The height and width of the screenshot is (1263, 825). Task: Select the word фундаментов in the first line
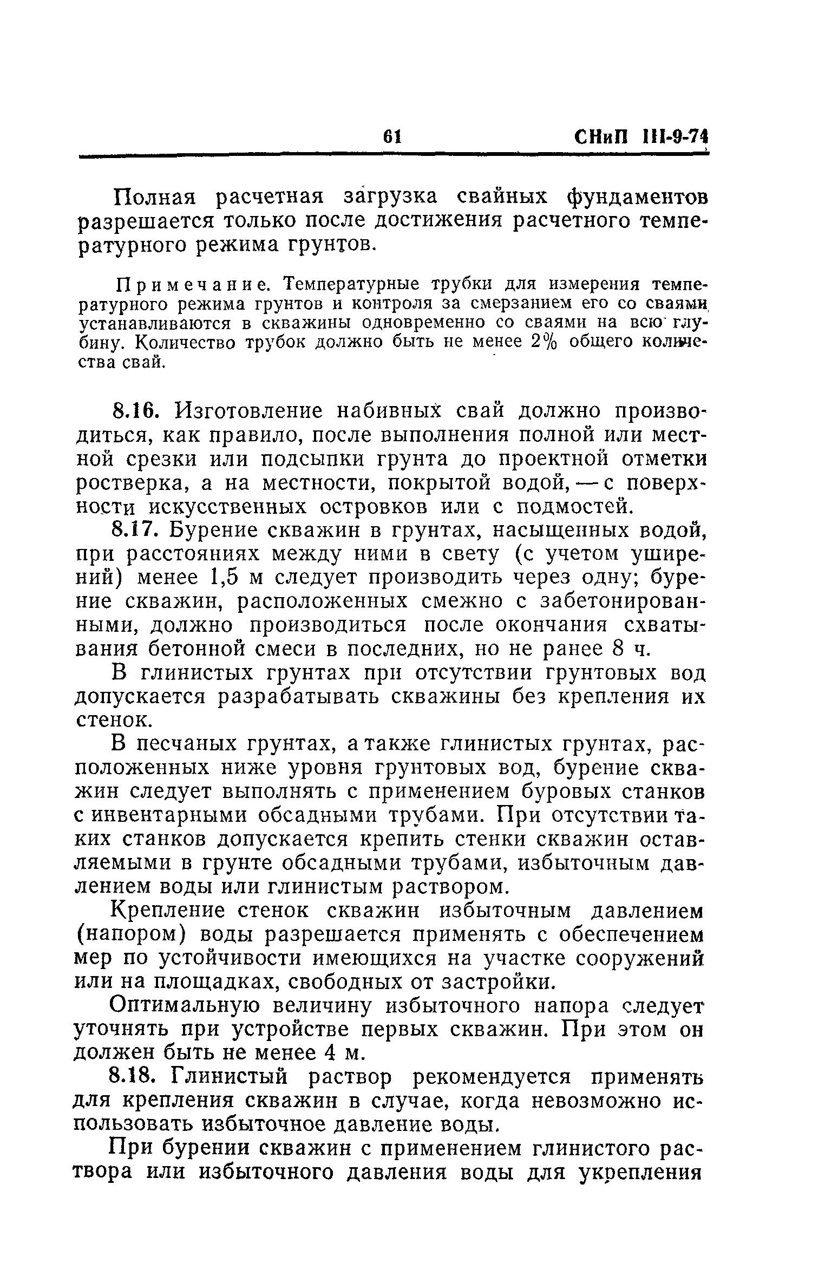[x=636, y=197]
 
